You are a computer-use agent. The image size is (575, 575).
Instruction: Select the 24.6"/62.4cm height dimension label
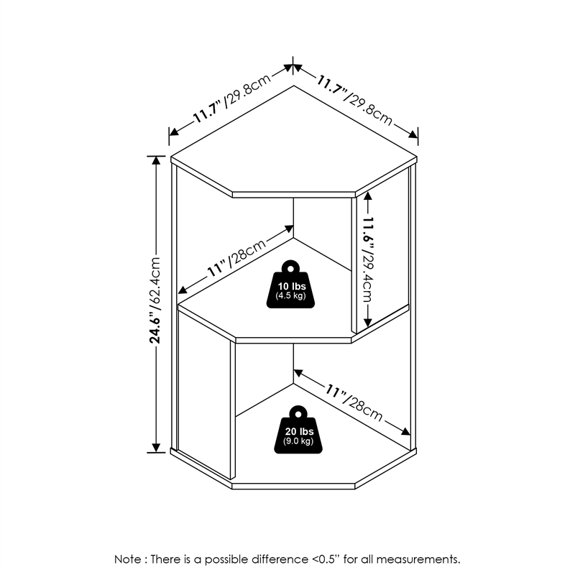(x=154, y=301)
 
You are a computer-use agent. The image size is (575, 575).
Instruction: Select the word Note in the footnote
(x=128, y=558)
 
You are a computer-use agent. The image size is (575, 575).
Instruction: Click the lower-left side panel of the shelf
(x=204, y=402)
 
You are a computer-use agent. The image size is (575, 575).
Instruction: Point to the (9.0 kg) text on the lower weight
(x=298, y=441)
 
